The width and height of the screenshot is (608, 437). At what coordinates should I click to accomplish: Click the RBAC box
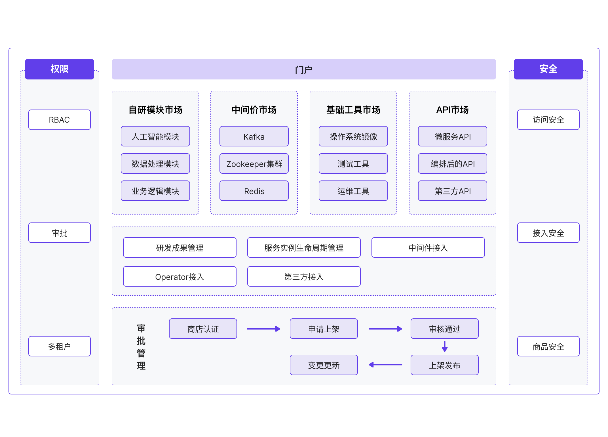59,120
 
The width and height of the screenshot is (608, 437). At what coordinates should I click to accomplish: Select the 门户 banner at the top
304,69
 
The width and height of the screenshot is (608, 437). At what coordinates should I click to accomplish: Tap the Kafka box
254,136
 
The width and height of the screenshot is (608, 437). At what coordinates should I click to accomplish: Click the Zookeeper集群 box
254,164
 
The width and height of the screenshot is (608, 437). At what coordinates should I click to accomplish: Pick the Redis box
254,191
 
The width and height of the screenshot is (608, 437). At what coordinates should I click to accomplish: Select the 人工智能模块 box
155,136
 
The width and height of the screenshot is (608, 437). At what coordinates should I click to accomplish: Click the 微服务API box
452,136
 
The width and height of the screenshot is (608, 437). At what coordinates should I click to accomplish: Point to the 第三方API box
452,191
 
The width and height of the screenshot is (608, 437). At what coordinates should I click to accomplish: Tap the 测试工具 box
353,164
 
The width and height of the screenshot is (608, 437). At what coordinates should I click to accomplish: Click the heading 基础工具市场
353,110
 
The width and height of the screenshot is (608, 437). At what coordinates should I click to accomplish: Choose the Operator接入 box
180,277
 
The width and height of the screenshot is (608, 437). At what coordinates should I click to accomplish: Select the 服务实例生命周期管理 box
304,248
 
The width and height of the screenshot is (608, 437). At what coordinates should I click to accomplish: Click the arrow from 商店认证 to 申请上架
263,329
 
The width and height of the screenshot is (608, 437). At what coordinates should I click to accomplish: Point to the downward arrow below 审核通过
445,346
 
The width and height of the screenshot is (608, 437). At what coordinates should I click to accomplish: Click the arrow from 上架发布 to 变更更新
385,365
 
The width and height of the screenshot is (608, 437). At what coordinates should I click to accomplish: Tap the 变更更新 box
324,365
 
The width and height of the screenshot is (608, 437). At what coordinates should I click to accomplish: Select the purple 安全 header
548,69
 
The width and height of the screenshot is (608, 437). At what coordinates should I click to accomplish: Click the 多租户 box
59,346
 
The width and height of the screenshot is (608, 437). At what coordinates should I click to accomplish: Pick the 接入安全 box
548,233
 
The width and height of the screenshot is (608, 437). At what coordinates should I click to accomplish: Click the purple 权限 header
59,69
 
